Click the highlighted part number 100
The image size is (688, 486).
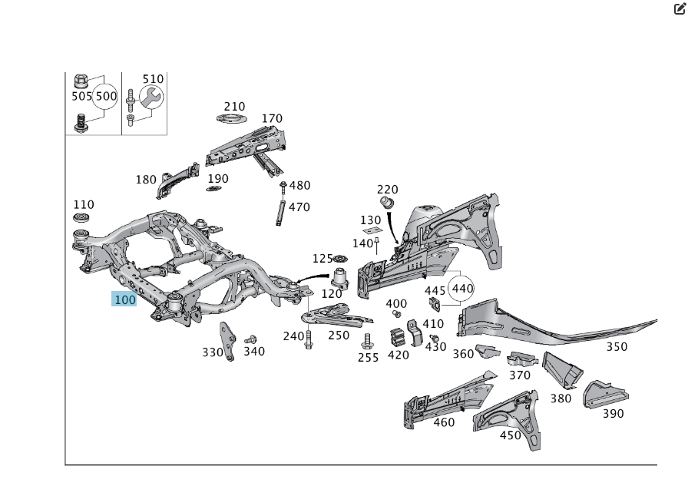pyautogui.click(x=124, y=299)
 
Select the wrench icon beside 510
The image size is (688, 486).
pyautogui.click(x=150, y=97)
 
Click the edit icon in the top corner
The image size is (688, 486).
pyautogui.click(x=678, y=9)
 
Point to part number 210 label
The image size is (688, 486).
pyautogui.click(x=234, y=107)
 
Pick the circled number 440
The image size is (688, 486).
pyautogui.click(x=462, y=289)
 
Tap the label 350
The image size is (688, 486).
pyautogui.click(x=617, y=346)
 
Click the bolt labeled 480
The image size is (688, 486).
pyautogui.click(x=283, y=186)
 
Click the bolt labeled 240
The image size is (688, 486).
pyautogui.click(x=309, y=339)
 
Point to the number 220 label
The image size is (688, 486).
pyautogui.click(x=388, y=189)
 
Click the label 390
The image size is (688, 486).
pyautogui.click(x=613, y=414)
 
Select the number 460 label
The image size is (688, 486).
pyautogui.click(x=444, y=422)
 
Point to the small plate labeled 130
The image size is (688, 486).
pyautogui.click(x=371, y=231)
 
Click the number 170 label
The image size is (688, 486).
pyautogui.click(x=272, y=118)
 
